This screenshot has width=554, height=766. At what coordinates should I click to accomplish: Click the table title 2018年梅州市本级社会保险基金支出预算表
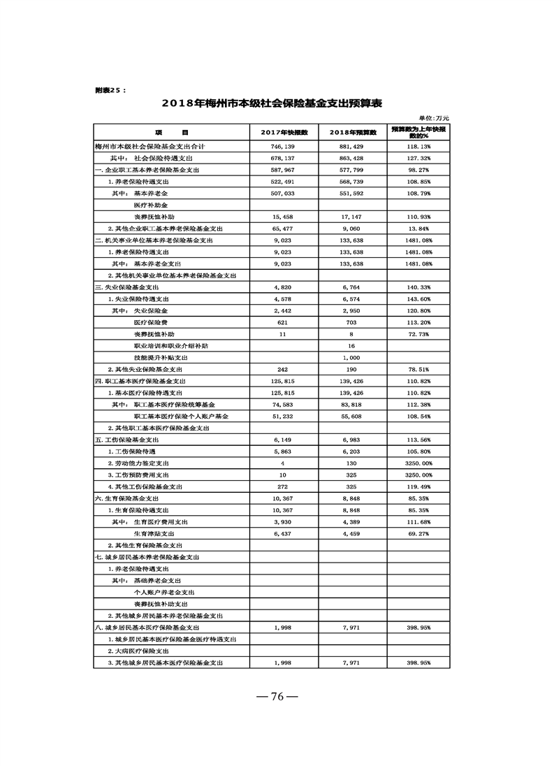coord(272,103)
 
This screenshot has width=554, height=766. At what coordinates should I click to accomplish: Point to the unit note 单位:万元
coord(434,118)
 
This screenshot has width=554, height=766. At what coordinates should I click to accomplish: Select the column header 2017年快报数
coord(284,132)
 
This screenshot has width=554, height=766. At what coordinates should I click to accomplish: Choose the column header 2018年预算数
coord(352,132)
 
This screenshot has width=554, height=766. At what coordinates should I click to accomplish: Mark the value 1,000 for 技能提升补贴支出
coord(351,357)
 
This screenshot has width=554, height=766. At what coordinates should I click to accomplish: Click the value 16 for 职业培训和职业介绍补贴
coord(351,346)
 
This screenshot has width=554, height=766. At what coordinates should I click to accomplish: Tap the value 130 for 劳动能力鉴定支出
coord(351,463)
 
